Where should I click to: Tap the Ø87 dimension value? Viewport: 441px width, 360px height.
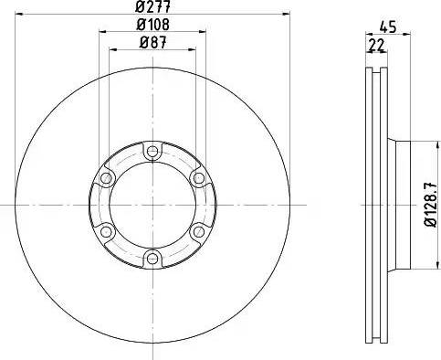(x=152, y=44)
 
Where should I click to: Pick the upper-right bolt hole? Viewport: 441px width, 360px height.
(x=199, y=178)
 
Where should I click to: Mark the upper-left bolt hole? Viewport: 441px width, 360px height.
(x=107, y=178)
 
